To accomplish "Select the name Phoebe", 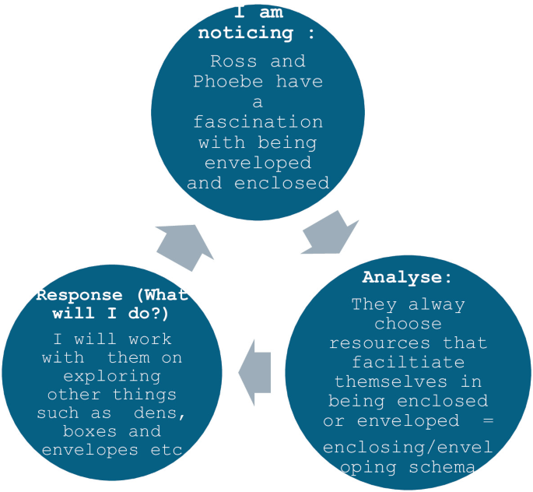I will click(225, 82).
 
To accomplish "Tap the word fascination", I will click(258, 122).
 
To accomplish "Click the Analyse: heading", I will click(407, 277).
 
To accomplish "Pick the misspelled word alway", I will click(435, 304).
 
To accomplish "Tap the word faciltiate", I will click(408, 363).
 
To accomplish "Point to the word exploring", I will click(107, 376).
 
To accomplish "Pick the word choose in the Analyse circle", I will click(408, 324).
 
